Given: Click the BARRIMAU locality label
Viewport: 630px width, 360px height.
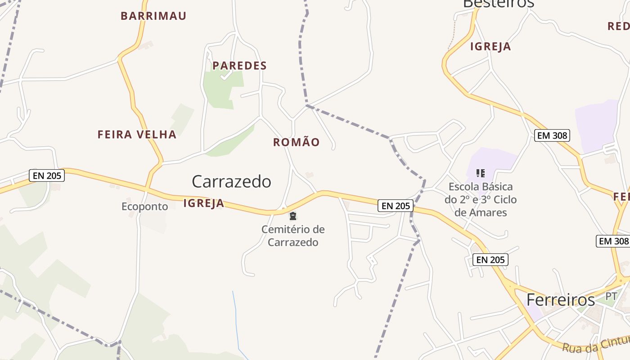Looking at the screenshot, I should (x=153, y=16).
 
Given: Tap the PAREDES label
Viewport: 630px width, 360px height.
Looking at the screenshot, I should (x=239, y=66).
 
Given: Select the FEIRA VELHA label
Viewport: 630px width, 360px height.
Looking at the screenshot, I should (x=137, y=135).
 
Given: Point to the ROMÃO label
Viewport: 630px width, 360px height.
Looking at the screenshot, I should (x=296, y=143).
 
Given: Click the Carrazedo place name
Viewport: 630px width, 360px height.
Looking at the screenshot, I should (x=231, y=181).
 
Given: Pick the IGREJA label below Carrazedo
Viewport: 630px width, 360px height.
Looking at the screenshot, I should (x=203, y=203).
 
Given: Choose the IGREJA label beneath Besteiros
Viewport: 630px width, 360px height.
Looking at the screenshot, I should (x=490, y=47).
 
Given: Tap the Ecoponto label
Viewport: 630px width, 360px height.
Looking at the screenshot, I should (x=144, y=207).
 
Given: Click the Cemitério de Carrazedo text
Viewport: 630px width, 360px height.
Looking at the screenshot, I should (x=293, y=236).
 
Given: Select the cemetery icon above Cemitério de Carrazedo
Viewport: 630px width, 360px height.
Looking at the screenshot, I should (x=293, y=216).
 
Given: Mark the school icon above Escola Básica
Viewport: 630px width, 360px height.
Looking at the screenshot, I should (x=480, y=173).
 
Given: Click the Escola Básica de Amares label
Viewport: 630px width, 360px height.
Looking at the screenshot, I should (x=481, y=199).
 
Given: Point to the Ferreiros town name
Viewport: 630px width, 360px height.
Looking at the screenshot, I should (x=560, y=300).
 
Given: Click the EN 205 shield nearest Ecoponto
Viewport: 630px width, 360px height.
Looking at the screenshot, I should (x=47, y=175).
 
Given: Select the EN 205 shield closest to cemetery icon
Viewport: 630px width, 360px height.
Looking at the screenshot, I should (x=395, y=206).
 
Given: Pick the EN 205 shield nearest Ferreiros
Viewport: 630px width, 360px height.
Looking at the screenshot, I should (x=490, y=260).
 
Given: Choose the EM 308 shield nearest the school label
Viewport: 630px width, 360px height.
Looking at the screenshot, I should (x=552, y=135).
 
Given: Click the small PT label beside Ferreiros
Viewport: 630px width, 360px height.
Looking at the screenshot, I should (x=611, y=297).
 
